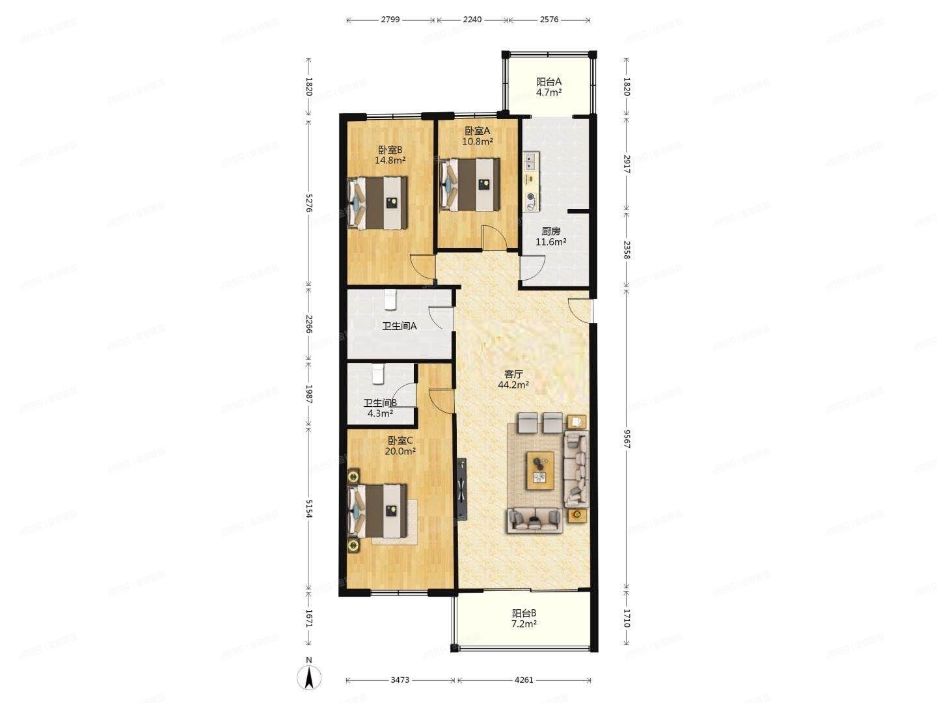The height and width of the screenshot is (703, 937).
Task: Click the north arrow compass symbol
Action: point(310,677)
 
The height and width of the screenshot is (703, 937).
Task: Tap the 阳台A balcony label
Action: point(549,87)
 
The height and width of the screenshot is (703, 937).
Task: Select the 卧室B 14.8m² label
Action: point(390,154)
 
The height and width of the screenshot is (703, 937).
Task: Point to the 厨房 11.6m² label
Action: point(550,236)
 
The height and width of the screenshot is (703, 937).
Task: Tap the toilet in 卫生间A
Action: point(390,299)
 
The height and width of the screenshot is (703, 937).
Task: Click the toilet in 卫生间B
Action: point(378,374)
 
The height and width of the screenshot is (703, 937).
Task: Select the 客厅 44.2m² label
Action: point(513,379)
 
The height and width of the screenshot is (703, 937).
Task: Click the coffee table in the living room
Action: point(540,469)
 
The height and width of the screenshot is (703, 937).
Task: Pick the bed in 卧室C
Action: point(379,512)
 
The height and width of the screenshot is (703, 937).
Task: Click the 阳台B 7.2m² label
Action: point(524,618)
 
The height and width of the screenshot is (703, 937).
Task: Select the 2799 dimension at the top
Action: point(390,20)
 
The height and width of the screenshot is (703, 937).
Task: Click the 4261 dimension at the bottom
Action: point(524,680)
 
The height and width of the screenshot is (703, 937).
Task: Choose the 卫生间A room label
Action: point(399,326)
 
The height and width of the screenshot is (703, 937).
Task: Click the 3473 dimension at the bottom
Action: point(400,680)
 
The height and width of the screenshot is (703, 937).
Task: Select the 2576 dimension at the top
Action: point(549,20)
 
